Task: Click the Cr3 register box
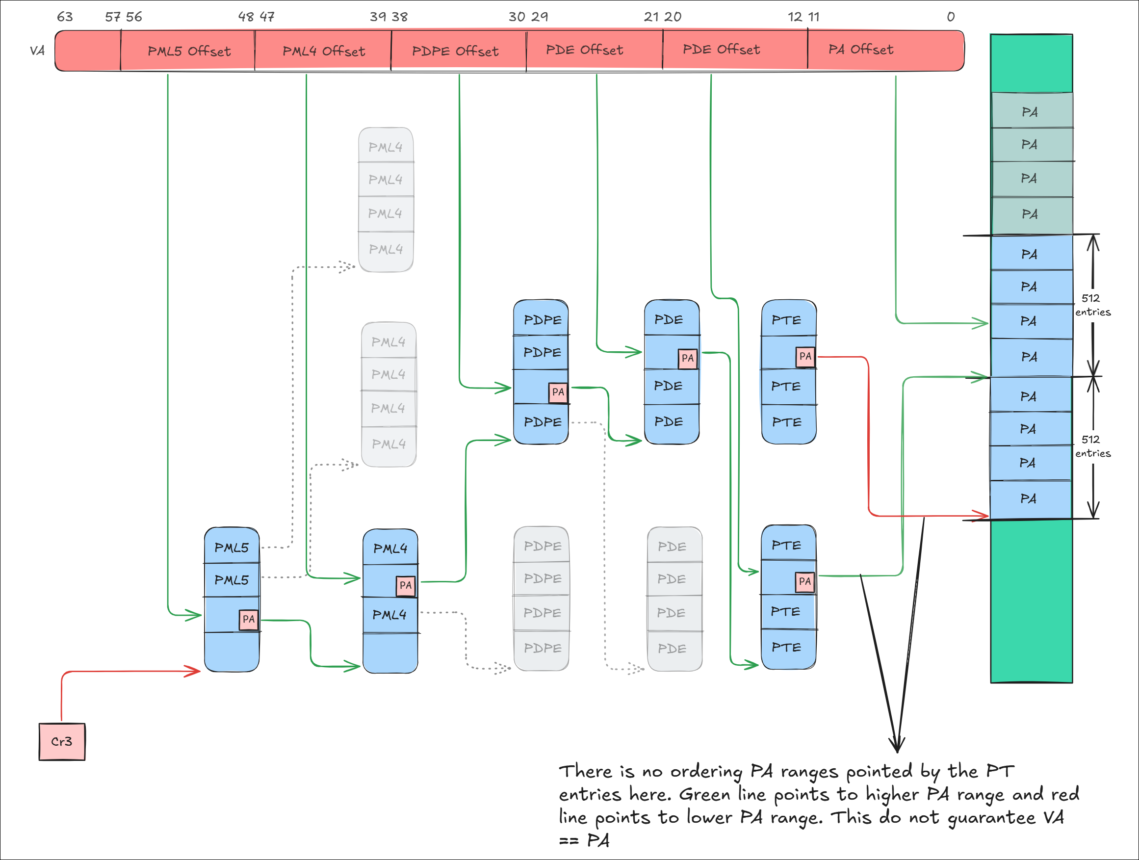point(62,742)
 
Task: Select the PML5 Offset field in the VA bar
point(188,51)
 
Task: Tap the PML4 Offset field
point(323,51)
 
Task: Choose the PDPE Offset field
point(455,51)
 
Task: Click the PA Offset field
point(861,50)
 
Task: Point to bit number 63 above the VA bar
point(65,17)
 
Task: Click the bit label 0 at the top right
point(951,17)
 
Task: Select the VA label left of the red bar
point(37,51)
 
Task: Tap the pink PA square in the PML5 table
point(248,619)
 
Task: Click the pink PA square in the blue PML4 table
point(405,585)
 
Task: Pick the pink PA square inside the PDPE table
point(558,392)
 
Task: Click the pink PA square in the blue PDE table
point(687,358)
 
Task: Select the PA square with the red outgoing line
point(805,356)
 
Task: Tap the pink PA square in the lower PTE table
point(804,581)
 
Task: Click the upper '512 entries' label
point(1092,305)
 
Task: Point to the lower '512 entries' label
point(1092,446)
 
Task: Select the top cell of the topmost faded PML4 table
point(386,147)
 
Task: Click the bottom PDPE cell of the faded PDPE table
point(542,649)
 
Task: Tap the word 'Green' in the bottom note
point(704,795)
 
